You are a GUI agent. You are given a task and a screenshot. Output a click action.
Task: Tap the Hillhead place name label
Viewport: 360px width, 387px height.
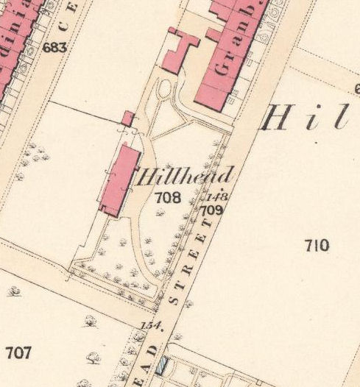pyautogui.click(x=185, y=177)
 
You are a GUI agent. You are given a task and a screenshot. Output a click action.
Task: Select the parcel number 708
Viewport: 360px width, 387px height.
pyautogui.click(x=168, y=197)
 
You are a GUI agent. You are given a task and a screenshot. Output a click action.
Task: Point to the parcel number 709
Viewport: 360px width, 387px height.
pyautogui.click(x=213, y=210)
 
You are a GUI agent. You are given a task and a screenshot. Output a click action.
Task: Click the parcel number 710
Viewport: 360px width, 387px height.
pyautogui.click(x=316, y=246)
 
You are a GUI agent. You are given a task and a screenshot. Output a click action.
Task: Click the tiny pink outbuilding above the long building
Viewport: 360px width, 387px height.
pyautogui.click(x=128, y=118)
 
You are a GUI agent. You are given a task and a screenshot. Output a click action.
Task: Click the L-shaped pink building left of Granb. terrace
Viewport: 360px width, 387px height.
pyautogui.click(x=180, y=50)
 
